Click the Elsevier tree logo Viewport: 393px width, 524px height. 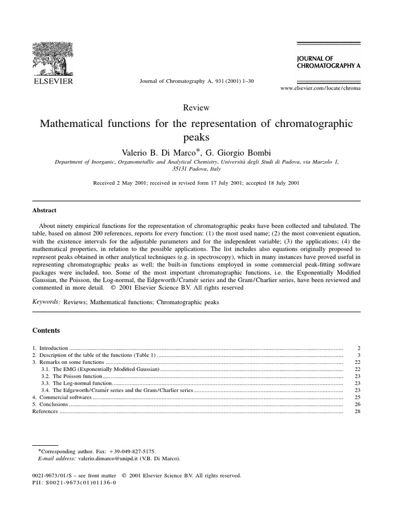tap(53, 58)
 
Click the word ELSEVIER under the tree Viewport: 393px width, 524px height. tap(53, 81)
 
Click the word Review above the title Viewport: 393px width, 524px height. tap(196, 107)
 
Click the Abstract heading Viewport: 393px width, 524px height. tap(45, 210)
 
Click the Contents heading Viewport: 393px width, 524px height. tap(46, 331)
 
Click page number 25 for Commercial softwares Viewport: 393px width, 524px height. tap(357, 397)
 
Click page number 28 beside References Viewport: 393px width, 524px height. tap(357, 411)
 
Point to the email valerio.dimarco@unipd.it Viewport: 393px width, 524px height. tap(107, 460)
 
